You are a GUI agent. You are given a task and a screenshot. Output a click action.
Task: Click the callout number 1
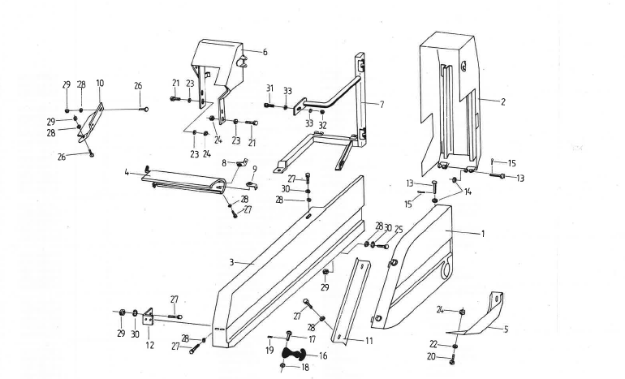click(483, 234)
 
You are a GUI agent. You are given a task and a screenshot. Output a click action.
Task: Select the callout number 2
click(503, 101)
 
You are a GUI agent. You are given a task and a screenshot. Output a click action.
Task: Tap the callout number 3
click(231, 262)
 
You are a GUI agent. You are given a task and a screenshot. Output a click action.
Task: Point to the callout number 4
click(127, 173)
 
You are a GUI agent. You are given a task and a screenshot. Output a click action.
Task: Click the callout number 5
click(506, 329)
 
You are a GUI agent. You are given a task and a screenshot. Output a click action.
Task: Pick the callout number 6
click(265, 52)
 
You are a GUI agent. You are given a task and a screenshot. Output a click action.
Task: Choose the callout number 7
click(381, 105)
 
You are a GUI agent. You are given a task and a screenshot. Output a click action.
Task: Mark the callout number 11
click(369, 341)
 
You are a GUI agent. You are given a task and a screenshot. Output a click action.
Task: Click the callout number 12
click(149, 345)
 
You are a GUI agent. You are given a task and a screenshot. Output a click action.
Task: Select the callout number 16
click(323, 355)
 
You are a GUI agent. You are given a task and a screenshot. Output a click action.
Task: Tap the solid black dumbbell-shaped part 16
click(294, 354)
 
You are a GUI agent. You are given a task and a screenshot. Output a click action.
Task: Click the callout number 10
click(100, 84)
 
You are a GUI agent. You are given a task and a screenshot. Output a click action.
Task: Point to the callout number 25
click(399, 230)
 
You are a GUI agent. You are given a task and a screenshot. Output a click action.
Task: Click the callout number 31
click(269, 88)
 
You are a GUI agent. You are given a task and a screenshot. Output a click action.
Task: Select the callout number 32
click(322, 125)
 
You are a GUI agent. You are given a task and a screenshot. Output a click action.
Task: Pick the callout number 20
click(431, 357)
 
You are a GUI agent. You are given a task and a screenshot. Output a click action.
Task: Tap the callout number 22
click(433, 344)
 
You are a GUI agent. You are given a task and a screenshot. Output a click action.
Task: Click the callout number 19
click(269, 351)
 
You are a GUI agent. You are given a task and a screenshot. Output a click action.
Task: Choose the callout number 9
click(255, 170)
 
